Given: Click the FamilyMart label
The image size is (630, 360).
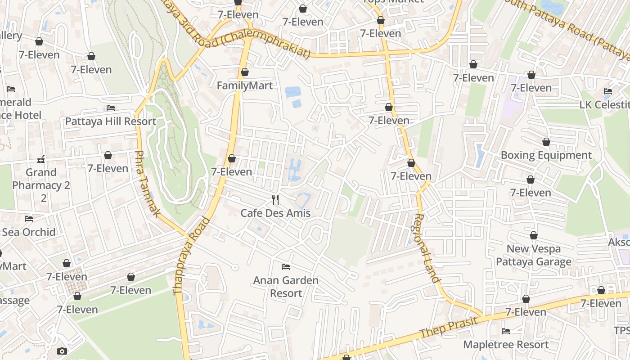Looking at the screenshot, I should pyautogui.click(x=244, y=85).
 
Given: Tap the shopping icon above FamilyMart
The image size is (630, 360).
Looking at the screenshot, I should pyautogui.click(x=244, y=72).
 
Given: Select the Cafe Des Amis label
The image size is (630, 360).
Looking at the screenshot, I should pyautogui.click(x=275, y=213).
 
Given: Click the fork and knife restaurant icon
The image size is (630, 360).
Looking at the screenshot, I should pyautogui.click(x=275, y=200).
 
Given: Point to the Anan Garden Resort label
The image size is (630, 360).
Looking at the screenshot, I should pyautogui.click(x=286, y=287).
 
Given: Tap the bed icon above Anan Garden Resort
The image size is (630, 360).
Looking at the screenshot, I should pyautogui.click(x=285, y=267).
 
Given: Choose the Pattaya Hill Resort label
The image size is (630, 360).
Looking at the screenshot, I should pyautogui.click(x=111, y=121).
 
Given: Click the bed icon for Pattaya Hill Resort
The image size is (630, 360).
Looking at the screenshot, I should pyautogui.click(x=111, y=108).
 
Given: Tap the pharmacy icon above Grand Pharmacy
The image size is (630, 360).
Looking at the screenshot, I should pyautogui.click(x=41, y=159).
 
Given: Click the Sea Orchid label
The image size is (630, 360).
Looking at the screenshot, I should pyautogui.click(x=29, y=232).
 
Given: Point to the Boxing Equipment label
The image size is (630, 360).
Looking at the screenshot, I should pyautogui.click(x=546, y=155).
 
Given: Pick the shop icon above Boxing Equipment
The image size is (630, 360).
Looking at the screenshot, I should pyautogui.click(x=546, y=142).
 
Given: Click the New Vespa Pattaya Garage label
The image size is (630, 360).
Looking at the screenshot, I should pyautogui.click(x=534, y=255).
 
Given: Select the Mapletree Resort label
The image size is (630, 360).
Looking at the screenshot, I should pyautogui.click(x=506, y=344).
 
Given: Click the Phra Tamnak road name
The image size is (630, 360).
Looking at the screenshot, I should pyautogui.click(x=147, y=184).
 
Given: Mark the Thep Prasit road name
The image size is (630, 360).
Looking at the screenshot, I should pyautogui.click(x=445, y=329).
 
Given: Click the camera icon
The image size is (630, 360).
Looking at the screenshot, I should pyautogui.click(x=62, y=351).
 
